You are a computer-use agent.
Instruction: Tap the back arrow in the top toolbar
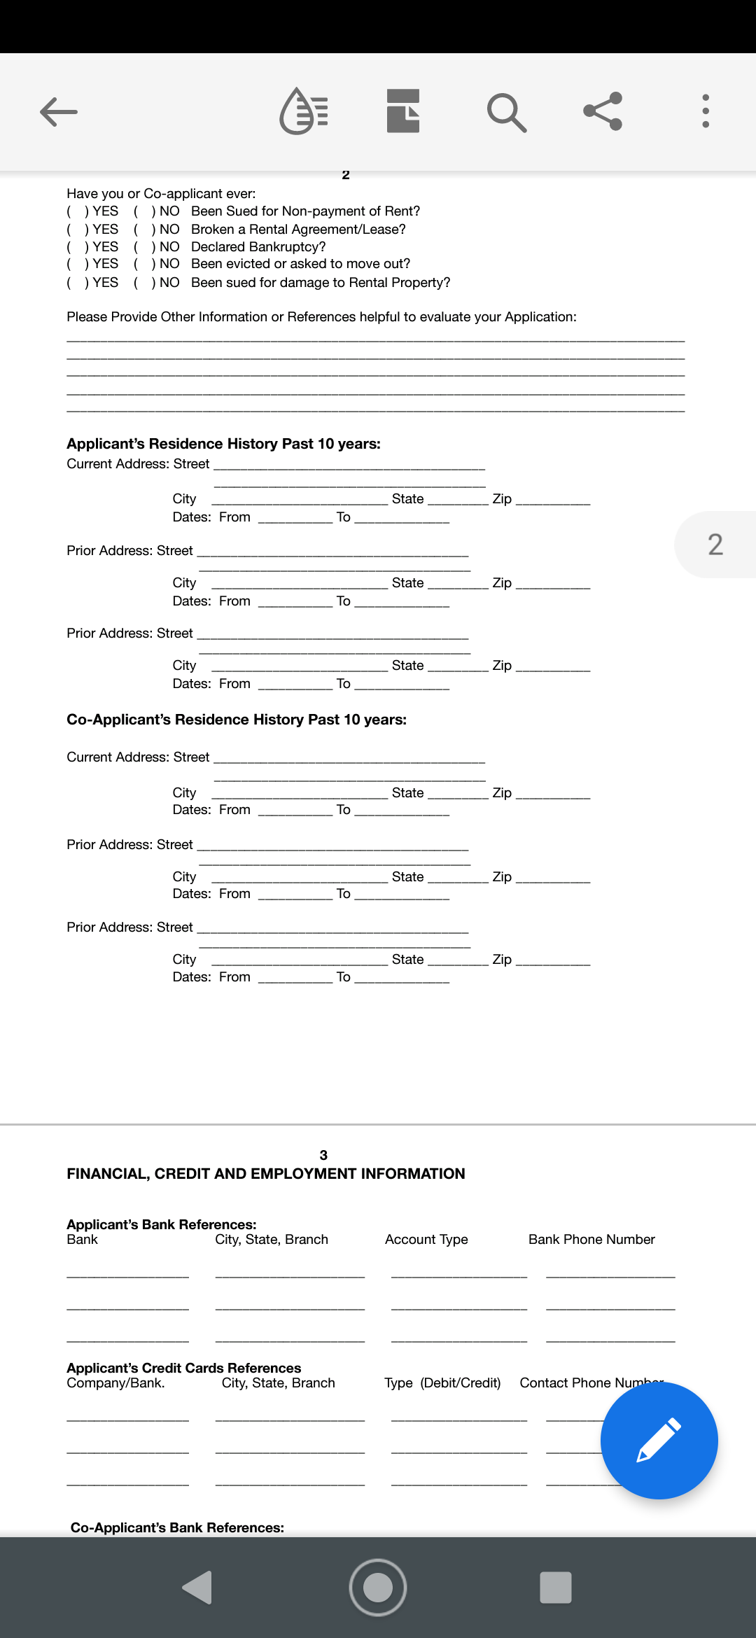(x=59, y=112)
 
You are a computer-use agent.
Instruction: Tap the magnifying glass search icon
(x=506, y=112)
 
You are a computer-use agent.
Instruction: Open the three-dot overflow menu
(x=706, y=111)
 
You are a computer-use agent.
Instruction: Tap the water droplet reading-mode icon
(x=304, y=111)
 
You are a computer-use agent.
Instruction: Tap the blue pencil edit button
(x=659, y=1440)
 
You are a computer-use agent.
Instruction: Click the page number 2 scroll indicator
(x=715, y=545)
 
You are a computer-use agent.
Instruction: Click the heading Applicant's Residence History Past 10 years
(x=223, y=444)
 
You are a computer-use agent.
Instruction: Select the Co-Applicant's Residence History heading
(x=236, y=720)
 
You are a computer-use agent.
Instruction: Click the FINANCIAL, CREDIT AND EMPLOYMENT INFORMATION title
(x=265, y=1174)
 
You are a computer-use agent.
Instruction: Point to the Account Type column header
(x=426, y=1240)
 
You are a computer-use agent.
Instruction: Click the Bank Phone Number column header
(x=591, y=1240)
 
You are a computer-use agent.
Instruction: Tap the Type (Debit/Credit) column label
(x=442, y=1383)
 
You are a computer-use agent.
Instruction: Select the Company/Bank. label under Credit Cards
(x=115, y=1383)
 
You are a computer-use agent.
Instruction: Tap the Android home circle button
(x=378, y=1587)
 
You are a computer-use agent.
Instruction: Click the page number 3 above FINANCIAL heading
(x=323, y=1155)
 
